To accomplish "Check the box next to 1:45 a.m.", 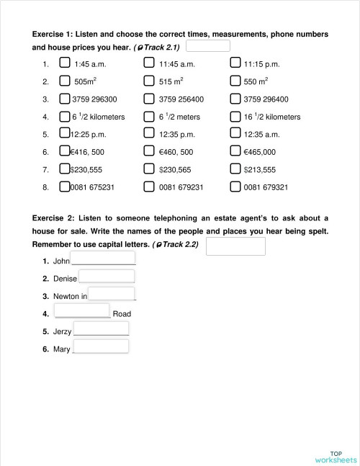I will tap(65, 63).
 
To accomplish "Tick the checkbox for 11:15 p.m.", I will tap(235, 63).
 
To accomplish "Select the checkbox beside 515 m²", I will tap(149, 81).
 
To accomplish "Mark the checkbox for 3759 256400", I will tap(149, 99).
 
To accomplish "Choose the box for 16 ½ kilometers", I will tap(235, 116).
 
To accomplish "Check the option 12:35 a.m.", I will tap(235, 133).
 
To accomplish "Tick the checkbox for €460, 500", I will tap(149, 151).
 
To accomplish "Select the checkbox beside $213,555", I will tap(235, 169).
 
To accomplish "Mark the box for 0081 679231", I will tap(149, 187).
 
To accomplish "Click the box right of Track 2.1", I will tap(207, 46).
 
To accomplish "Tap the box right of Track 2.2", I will tap(235, 246).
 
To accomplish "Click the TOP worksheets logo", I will tap(335, 457).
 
